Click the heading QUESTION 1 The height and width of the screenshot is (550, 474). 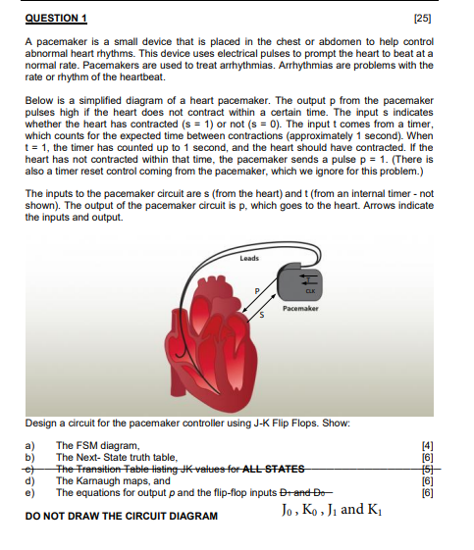[x=57, y=17]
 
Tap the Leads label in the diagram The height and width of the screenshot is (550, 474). [x=248, y=257]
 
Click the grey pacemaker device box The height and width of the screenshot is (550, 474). [x=298, y=284]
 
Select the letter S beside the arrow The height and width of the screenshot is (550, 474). [x=262, y=316]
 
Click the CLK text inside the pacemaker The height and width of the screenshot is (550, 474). [x=309, y=291]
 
